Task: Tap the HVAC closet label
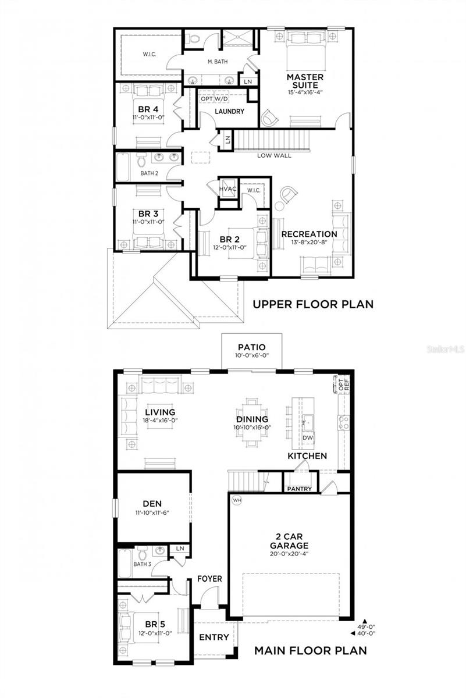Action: (227, 188)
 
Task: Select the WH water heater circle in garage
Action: (237, 500)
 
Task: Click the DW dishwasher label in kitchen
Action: (308, 437)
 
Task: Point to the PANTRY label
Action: (299, 489)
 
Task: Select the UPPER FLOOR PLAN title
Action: (312, 304)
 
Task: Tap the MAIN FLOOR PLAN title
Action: (311, 650)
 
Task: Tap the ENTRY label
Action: (214, 637)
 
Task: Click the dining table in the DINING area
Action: (252, 419)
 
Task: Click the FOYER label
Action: (210, 579)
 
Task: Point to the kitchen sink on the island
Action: (308, 420)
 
